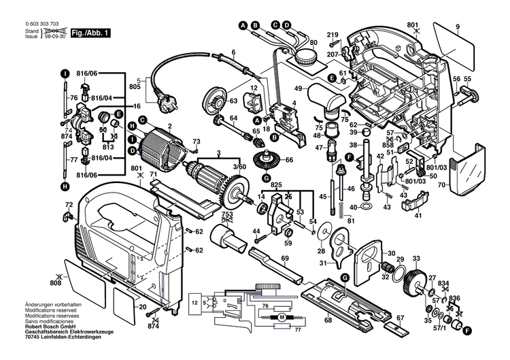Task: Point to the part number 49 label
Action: pyautogui.click(x=298, y=88)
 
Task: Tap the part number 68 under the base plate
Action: pyautogui.click(x=328, y=320)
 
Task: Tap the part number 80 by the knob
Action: pyautogui.click(x=313, y=44)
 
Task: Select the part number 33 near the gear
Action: pyautogui.click(x=416, y=259)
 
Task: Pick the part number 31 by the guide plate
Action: pyautogui.click(x=322, y=263)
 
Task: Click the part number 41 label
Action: pyautogui.click(x=418, y=216)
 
